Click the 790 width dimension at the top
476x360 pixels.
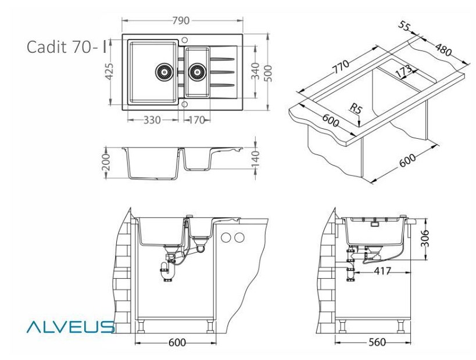tap(181, 21)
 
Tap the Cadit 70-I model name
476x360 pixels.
tap(67, 46)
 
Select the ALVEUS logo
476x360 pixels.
tap(70, 327)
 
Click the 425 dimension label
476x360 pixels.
tap(109, 72)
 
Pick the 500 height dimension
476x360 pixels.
tap(268, 73)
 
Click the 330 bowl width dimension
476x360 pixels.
tap(152, 120)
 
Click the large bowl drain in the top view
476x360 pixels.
tap(164, 72)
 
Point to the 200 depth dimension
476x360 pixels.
tap(106, 162)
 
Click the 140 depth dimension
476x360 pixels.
tap(255, 159)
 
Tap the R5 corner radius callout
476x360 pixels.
tap(356, 108)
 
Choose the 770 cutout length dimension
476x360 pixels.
tap(342, 67)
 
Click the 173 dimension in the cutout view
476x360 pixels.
tap(405, 71)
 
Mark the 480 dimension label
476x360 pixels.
tap(443, 49)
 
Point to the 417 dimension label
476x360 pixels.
tap(382, 271)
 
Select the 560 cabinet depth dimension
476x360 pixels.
tap(377, 343)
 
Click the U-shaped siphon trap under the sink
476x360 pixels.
tap(167, 271)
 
